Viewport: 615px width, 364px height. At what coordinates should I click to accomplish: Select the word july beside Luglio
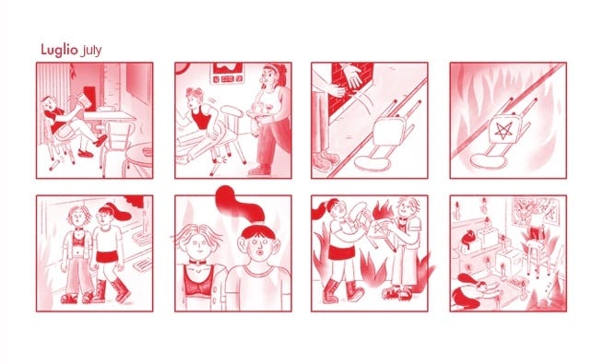(x=90, y=51)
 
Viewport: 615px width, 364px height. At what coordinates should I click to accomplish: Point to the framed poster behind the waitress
(x=228, y=74)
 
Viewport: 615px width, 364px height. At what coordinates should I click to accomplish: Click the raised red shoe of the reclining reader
(x=101, y=140)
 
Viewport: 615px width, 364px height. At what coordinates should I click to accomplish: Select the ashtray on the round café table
(x=147, y=152)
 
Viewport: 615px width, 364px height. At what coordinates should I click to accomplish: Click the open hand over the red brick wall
(x=352, y=75)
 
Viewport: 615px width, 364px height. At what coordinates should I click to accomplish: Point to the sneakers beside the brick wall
(x=325, y=161)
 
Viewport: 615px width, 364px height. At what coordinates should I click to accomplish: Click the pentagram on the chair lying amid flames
(x=503, y=131)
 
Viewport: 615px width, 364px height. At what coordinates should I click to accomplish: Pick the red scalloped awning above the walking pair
(x=134, y=200)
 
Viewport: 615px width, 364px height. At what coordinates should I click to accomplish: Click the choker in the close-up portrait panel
(x=197, y=262)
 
